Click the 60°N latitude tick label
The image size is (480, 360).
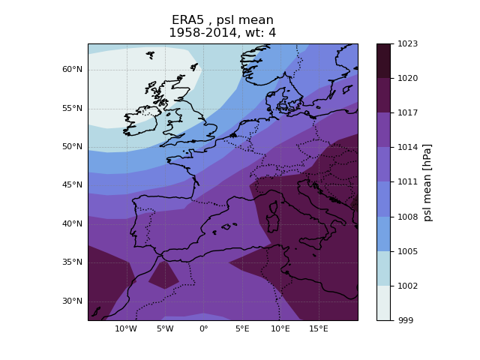[72, 70]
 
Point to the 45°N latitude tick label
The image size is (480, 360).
[72, 185]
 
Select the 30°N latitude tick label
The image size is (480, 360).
[72, 301]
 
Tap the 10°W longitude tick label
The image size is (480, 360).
[126, 328]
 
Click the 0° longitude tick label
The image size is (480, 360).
[203, 328]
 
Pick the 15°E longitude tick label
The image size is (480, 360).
[319, 328]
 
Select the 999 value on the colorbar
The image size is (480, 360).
[404, 320]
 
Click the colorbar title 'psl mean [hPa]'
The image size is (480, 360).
[428, 182]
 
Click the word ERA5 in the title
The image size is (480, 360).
[187, 20]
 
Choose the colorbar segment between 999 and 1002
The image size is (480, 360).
[383, 303]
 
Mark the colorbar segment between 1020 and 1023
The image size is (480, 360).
[383, 61]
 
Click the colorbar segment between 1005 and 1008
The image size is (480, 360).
[383, 234]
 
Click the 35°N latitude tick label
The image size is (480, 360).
[72, 262]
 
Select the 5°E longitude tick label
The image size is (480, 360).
[241, 328]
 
